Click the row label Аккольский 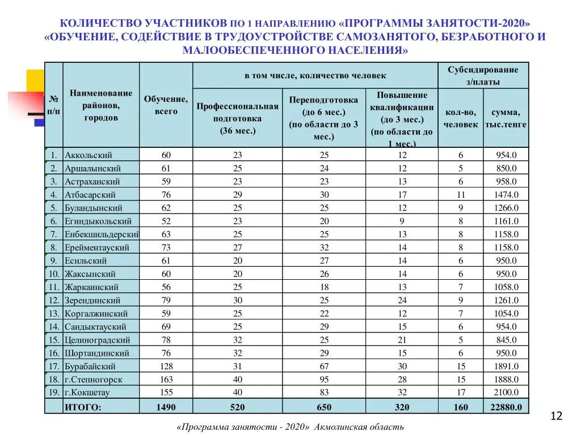point(89,155)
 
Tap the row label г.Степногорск point(94,379)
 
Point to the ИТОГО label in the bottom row point(83,407)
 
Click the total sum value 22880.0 point(506,407)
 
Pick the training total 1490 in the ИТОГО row point(166,407)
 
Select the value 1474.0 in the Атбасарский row point(506,195)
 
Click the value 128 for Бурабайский point(166,366)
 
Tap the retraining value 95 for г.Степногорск point(324,379)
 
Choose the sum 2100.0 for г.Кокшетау point(506,393)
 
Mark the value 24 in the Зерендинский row point(402,300)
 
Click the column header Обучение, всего point(166,105)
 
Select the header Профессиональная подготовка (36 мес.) point(237,118)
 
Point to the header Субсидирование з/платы point(483,75)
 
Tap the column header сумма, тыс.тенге point(506,118)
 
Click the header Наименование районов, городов point(101,105)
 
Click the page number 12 point(556,417)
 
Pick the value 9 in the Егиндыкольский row point(402,221)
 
